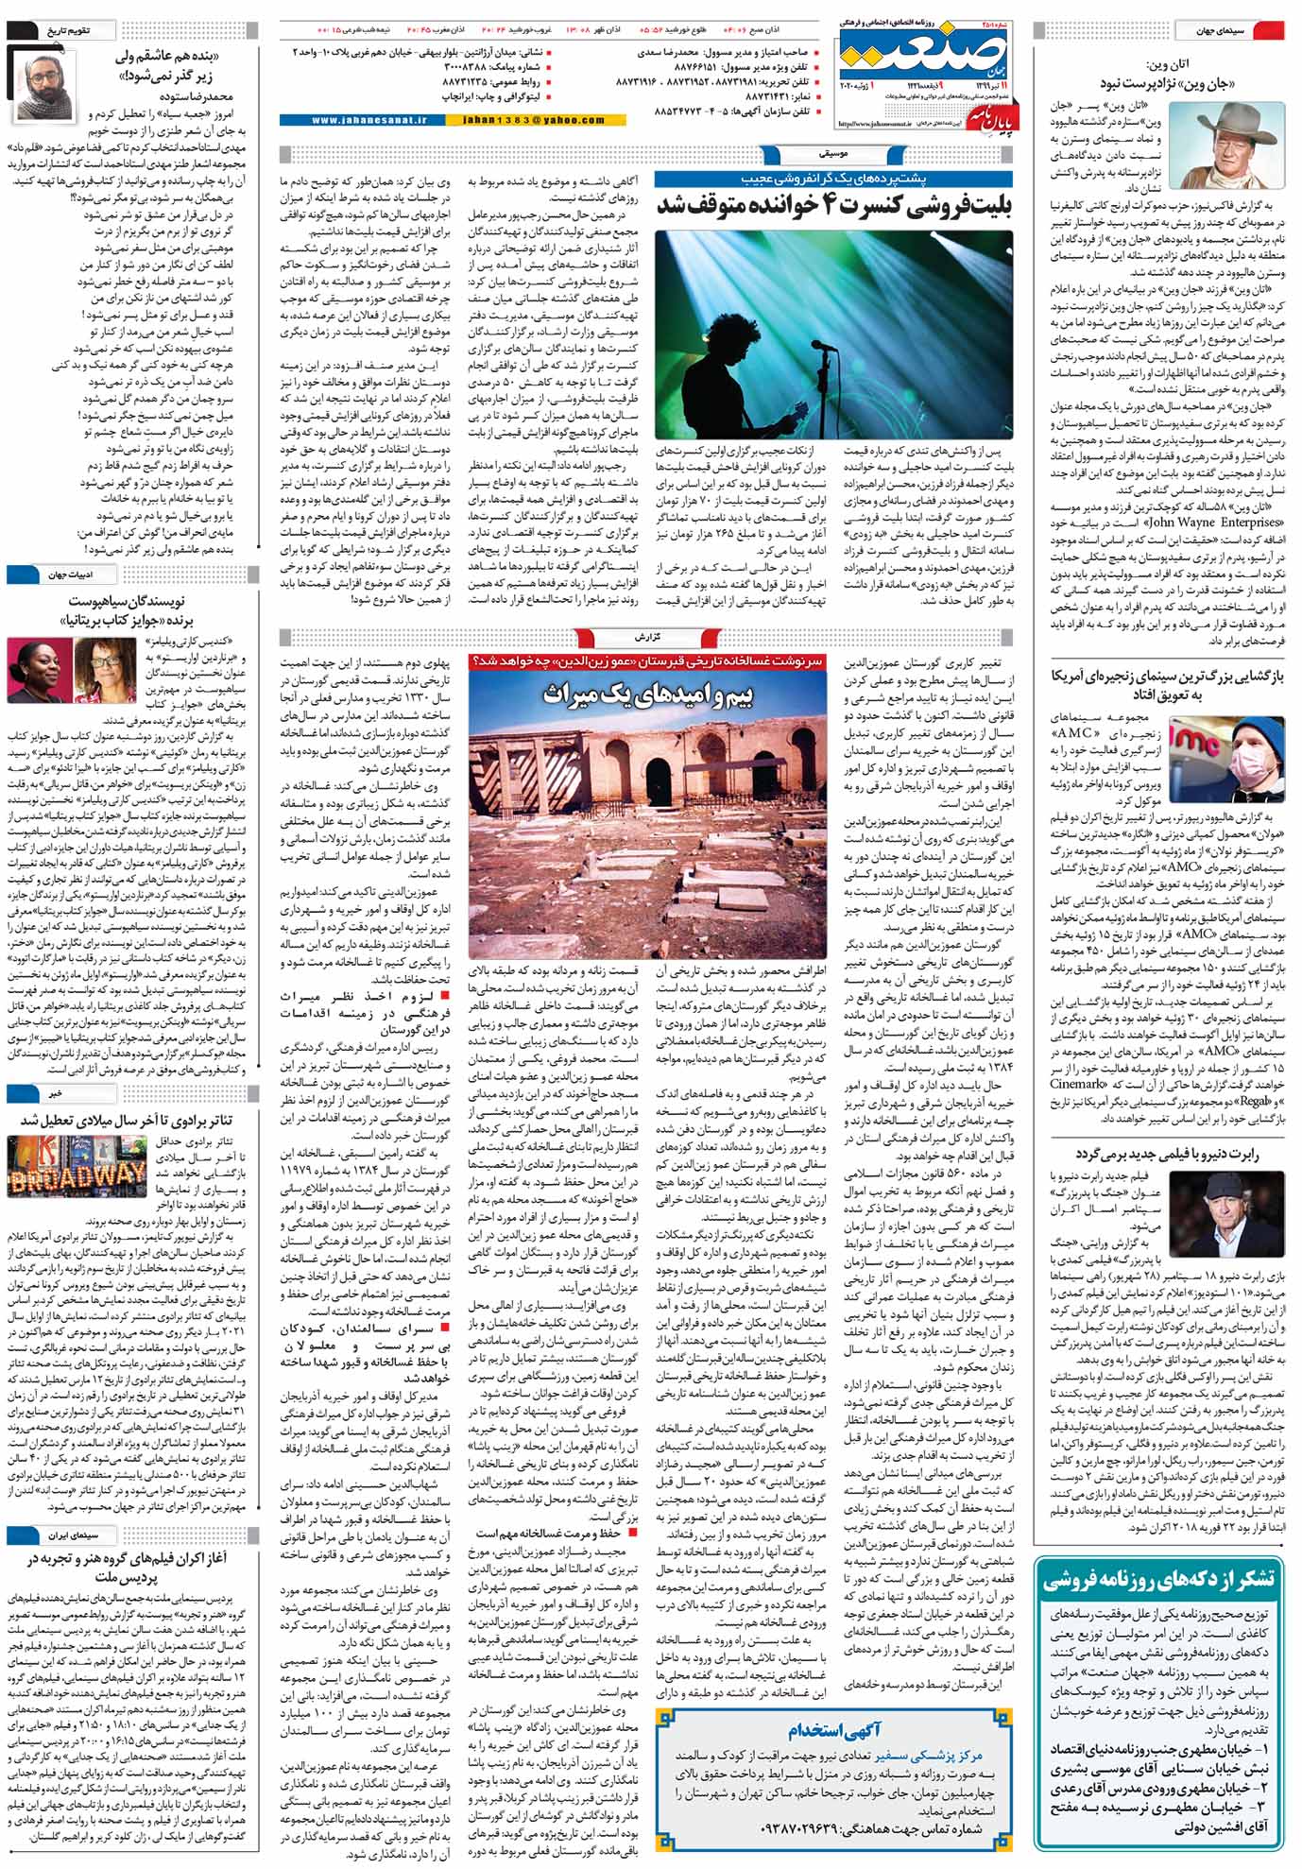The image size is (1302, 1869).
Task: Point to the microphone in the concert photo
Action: (x=819, y=346)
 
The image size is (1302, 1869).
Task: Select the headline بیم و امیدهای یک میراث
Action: (x=647, y=695)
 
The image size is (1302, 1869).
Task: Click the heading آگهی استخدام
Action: (x=834, y=1730)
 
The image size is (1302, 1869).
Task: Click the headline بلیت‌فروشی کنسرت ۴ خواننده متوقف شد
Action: (x=833, y=205)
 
